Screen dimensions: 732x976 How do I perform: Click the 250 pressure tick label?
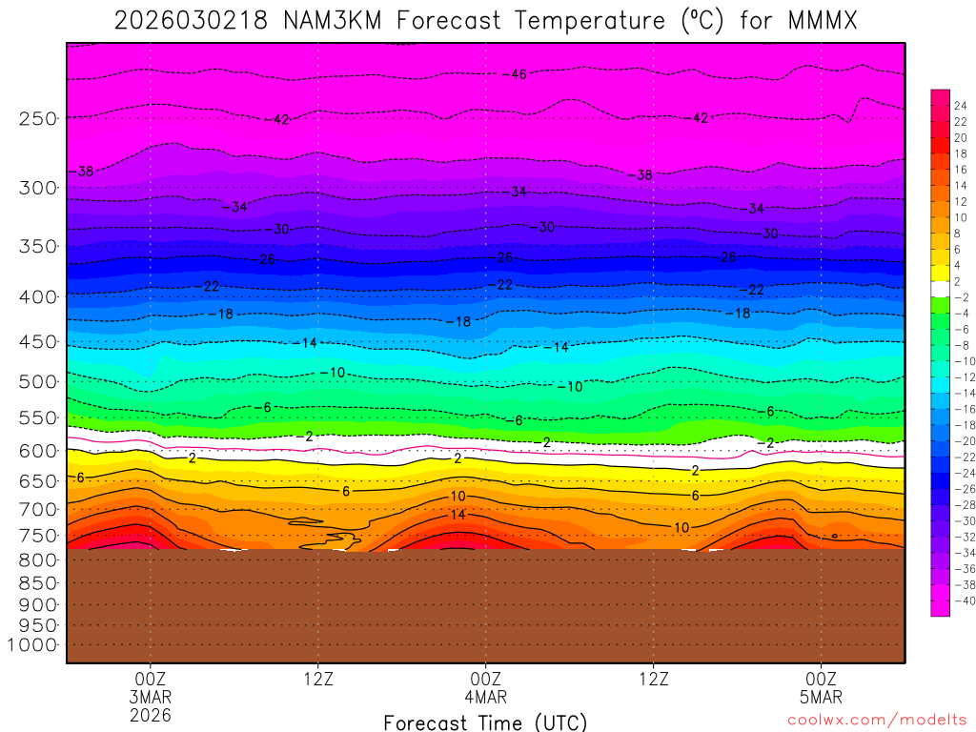[38, 118]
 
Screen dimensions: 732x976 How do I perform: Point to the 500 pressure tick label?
[38, 381]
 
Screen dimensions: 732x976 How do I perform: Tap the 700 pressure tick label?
[38, 509]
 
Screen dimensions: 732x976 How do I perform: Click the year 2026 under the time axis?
[151, 714]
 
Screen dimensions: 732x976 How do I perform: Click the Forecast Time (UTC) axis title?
[485, 722]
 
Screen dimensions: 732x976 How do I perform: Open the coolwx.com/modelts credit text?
[877, 721]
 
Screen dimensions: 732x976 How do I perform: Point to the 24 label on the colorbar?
[960, 106]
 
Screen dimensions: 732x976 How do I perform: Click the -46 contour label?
[517, 74]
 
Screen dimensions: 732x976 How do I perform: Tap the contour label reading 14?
[457, 515]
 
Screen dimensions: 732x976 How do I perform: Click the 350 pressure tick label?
[38, 246]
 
